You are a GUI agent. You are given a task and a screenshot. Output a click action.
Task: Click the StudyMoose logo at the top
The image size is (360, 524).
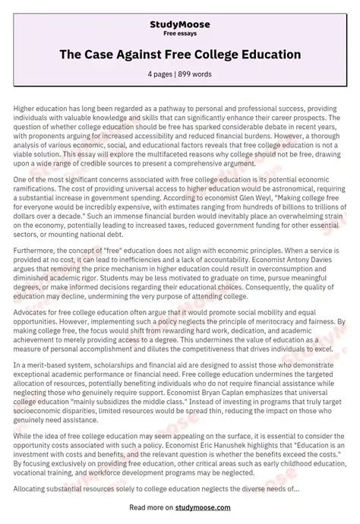click(180, 24)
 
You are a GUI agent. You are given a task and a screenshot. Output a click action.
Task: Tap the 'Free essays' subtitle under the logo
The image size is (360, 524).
click(180, 34)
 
